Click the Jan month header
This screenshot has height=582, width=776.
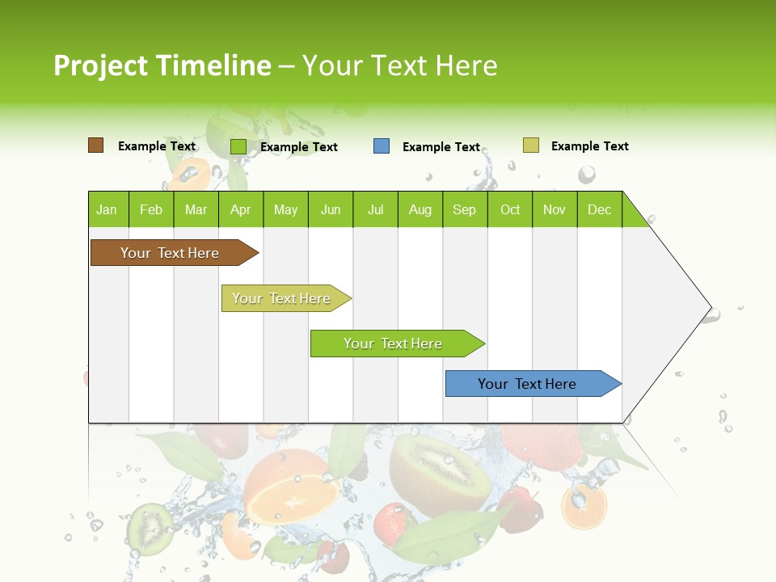coord(108,209)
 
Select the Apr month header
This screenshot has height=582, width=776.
coord(241,209)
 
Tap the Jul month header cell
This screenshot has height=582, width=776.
coord(375,209)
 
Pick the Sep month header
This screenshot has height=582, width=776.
coord(465,209)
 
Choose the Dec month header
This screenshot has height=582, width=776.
coord(599,209)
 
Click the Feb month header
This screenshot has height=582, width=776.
coord(151,209)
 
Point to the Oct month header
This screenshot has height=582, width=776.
coord(510,209)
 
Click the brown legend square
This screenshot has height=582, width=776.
coord(95,145)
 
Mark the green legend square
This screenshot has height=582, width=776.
coord(238,146)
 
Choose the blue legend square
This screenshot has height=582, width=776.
coord(382,146)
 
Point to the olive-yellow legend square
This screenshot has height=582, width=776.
coord(530,145)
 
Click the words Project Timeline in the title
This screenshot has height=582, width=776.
coord(162,65)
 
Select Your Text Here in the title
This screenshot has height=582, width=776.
coord(399,65)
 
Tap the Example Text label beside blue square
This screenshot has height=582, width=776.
coord(441,147)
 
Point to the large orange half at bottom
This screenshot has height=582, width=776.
coord(291,489)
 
